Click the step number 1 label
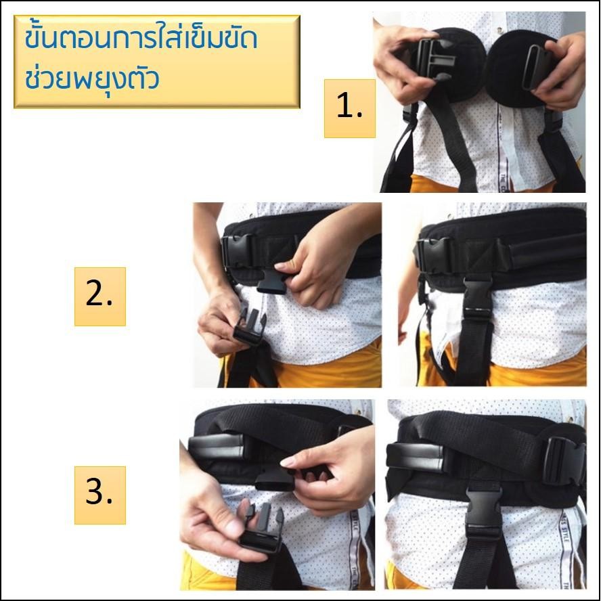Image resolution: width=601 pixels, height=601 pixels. [x=349, y=108]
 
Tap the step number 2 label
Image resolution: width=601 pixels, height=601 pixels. [x=100, y=296]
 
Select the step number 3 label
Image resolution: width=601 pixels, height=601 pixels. [x=100, y=495]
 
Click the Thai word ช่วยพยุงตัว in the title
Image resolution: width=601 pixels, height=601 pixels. [x=92, y=79]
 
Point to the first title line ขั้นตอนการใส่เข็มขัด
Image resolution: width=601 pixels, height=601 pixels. [x=141, y=39]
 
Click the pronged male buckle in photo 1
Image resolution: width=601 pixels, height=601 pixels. [x=434, y=59]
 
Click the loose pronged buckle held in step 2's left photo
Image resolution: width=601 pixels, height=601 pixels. [x=250, y=327]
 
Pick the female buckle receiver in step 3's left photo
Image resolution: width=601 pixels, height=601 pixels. [x=275, y=479]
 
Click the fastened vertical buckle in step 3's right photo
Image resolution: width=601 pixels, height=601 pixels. [x=484, y=509]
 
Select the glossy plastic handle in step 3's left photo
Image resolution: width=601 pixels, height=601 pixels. [x=217, y=447]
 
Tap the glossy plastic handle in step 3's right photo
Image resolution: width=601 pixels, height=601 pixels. [x=415, y=456]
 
